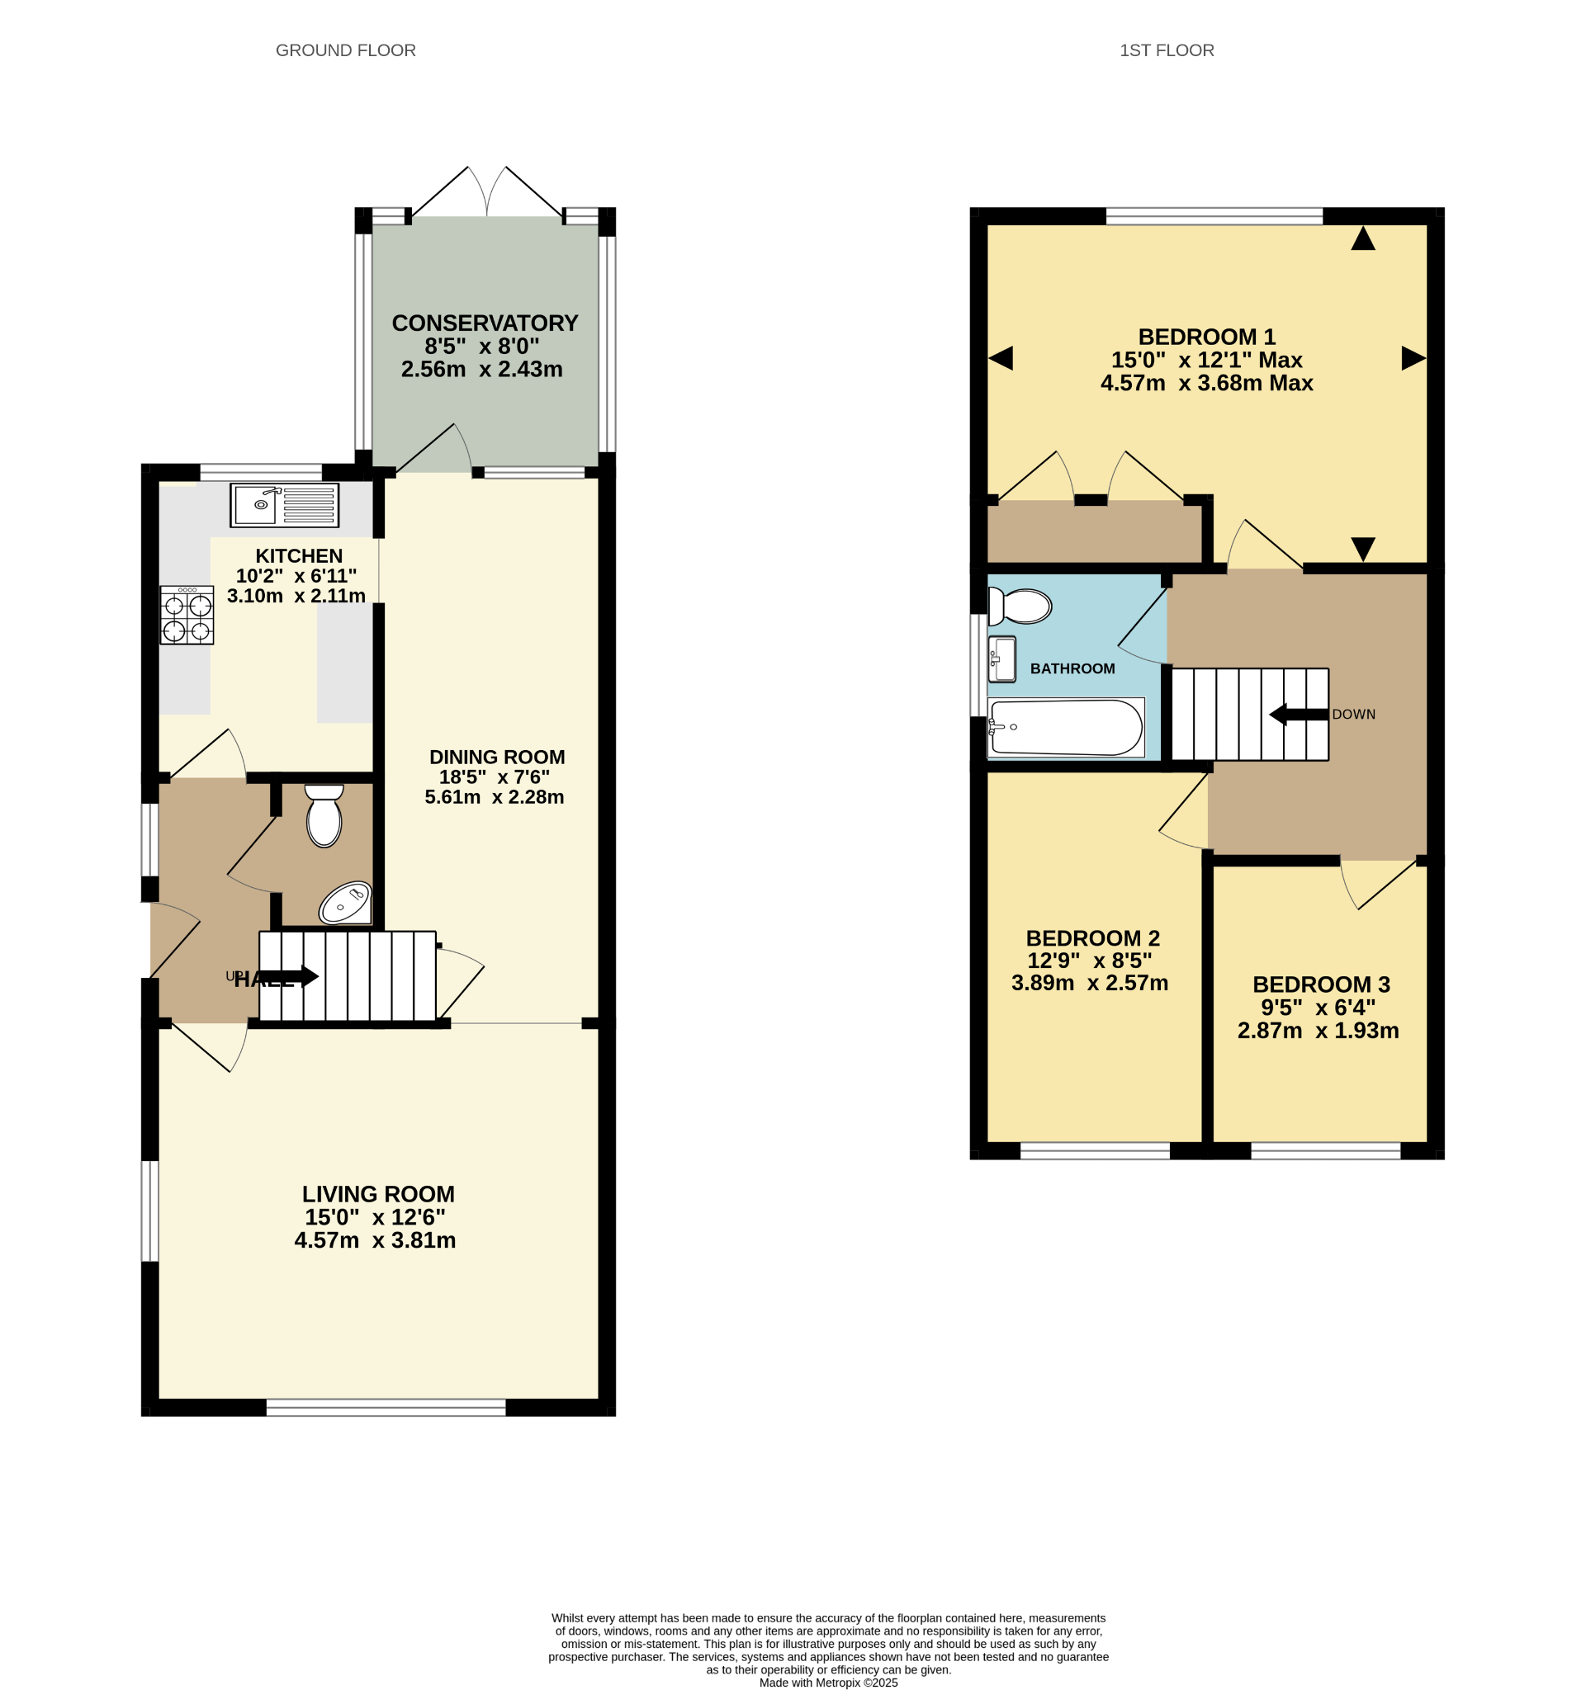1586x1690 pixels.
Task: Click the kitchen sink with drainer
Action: pos(284,505)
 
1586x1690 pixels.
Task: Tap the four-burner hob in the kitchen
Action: pos(187,615)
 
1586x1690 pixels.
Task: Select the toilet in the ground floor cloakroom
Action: pos(324,815)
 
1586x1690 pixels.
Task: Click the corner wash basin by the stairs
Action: pos(346,903)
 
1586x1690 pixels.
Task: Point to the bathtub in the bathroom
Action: pos(1066,728)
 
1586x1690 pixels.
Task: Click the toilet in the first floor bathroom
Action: pos(1020,607)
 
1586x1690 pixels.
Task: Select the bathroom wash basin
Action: pos(1001,659)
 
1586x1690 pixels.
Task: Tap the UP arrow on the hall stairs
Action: pos(289,977)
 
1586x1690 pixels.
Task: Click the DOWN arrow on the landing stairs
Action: pos(1299,714)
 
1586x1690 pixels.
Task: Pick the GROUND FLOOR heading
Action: pos(345,50)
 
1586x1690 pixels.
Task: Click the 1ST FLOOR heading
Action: pos(1167,50)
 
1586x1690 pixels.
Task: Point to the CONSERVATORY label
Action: pos(485,323)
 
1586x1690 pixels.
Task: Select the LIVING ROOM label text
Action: pos(378,1193)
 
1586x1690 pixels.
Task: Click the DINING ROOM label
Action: pos(497,757)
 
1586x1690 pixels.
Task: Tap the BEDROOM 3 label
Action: pos(1321,984)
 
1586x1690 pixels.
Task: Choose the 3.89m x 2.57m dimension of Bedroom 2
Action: pos(1089,983)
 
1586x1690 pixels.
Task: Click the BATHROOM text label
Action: pos(1072,669)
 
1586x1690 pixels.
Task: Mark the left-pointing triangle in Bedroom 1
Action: pos(1001,359)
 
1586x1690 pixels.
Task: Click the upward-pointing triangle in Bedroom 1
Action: pos(1362,238)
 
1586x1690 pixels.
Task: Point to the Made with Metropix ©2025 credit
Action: pos(828,1683)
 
